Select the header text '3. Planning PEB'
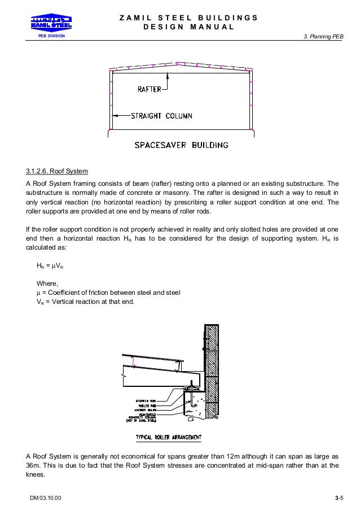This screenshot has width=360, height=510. (x=323, y=37)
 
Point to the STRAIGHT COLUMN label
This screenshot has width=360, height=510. (x=161, y=116)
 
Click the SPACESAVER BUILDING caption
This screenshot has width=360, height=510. (x=181, y=145)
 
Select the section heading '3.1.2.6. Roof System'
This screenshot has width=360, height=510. (x=57, y=172)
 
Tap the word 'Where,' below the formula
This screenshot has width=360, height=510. (x=47, y=284)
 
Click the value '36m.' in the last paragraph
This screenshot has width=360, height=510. (x=34, y=466)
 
